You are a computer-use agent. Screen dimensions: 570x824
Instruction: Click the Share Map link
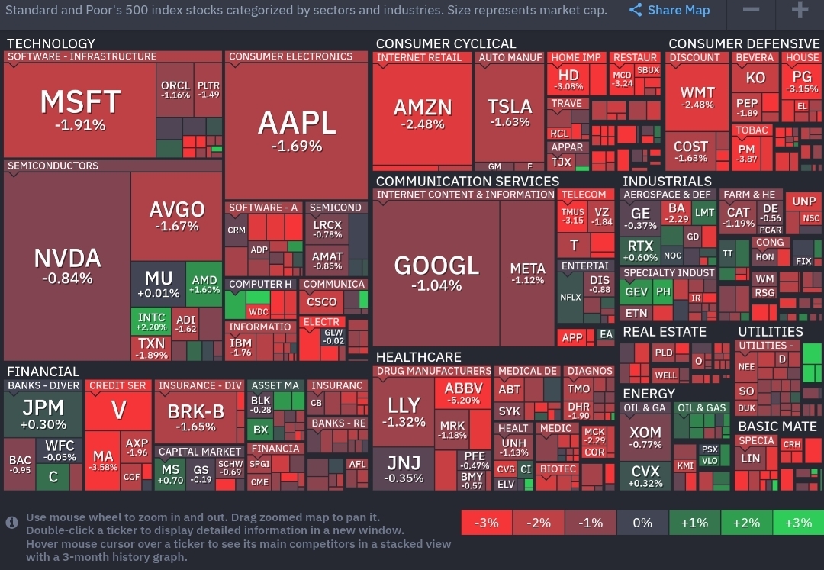[x=670, y=10]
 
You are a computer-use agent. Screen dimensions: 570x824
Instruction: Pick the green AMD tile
[x=204, y=284]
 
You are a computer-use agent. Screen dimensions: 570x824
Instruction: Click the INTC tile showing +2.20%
[x=151, y=321]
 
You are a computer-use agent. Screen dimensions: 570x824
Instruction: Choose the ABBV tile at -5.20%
[x=463, y=393]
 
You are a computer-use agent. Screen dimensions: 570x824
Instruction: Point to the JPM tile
[x=43, y=412]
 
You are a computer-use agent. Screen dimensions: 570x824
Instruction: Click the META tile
[x=527, y=272]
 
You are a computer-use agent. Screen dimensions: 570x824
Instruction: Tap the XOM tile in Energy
[x=645, y=437]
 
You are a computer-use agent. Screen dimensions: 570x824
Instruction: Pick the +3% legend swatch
[x=798, y=523]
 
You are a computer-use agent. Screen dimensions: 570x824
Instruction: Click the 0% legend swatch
[x=642, y=523]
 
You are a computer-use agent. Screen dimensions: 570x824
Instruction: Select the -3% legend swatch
[x=486, y=523]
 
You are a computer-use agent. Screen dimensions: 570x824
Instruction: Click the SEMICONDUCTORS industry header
[x=53, y=166]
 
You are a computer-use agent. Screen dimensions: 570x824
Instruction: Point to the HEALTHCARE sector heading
[x=418, y=357]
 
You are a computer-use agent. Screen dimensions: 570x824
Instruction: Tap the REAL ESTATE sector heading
[x=664, y=332]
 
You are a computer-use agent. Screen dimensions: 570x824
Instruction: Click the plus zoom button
[x=800, y=10]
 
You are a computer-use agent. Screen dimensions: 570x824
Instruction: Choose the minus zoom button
[x=751, y=10]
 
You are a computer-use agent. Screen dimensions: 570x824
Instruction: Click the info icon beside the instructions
[x=12, y=522]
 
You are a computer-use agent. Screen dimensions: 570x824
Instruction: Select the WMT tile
[x=697, y=97]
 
